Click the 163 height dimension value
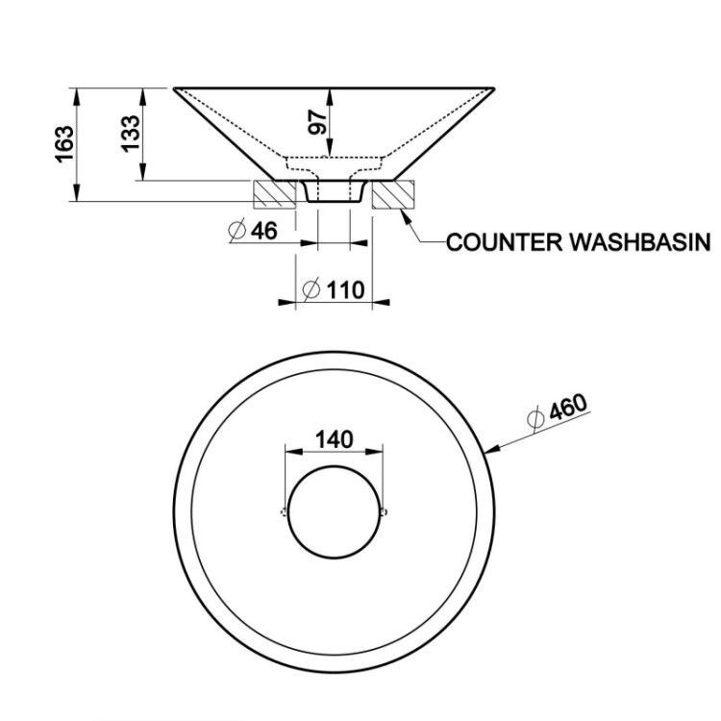(x=64, y=144)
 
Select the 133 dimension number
(x=130, y=134)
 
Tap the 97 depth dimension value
(x=318, y=122)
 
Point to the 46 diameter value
(x=264, y=230)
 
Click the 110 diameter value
(x=345, y=290)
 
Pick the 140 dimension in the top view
(x=335, y=439)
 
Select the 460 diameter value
(x=568, y=407)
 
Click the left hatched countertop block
(x=275, y=194)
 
